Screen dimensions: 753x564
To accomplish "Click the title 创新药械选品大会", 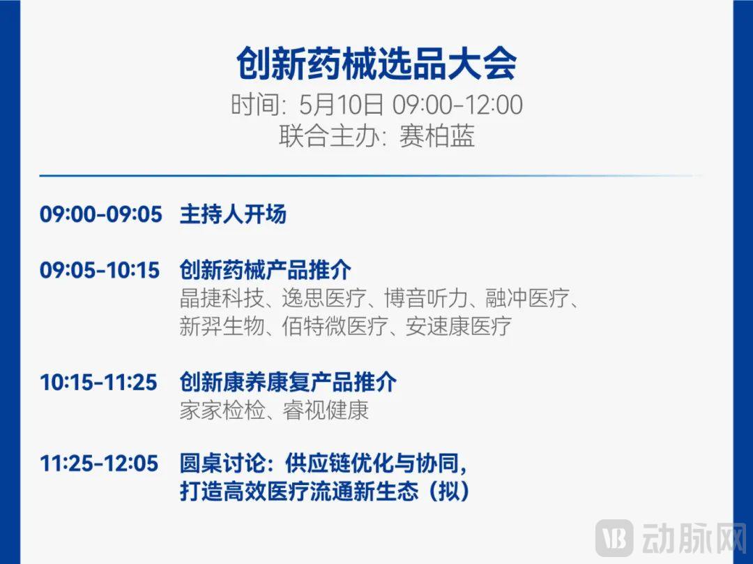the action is point(376,63).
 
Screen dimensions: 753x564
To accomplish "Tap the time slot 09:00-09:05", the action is point(101,214).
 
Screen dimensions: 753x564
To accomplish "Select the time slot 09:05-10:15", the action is point(100,269).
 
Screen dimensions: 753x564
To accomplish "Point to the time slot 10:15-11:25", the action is point(98,383).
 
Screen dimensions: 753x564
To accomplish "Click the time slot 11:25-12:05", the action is point(99,463).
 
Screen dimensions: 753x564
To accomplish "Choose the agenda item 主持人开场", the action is point(233,214).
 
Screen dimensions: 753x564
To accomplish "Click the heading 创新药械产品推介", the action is point(265,269).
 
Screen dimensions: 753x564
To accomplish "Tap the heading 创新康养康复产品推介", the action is point(288,383).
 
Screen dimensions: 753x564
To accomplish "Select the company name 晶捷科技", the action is point(222,298).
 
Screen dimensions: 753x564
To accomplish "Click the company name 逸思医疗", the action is point(324,298).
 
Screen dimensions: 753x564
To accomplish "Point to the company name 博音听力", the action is point(427,298).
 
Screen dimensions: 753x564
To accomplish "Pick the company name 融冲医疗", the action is point(528,298).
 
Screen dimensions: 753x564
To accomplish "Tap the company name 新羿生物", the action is point(222,326).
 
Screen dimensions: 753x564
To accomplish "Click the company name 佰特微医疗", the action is point(335,326).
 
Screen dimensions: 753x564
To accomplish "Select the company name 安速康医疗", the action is point(459,326).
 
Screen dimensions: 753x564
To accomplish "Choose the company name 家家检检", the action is point(222,410).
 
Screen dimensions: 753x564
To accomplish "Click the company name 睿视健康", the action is point(325,410).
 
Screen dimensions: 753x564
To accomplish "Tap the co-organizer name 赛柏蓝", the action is point(437,136).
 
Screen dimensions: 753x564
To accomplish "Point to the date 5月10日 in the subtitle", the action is point(342,104).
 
